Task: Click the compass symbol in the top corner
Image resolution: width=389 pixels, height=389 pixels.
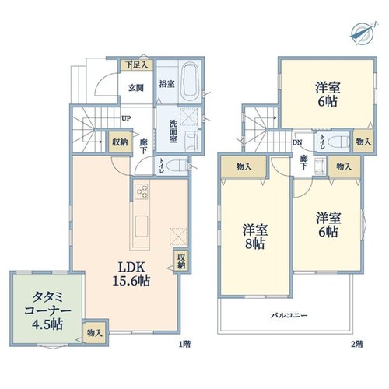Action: (363, 33)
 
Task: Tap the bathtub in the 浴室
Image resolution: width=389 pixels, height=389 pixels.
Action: (190, 82)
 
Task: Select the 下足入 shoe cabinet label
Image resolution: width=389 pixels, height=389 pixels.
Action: (137, 65)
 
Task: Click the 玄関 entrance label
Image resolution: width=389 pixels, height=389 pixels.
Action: (136, 88)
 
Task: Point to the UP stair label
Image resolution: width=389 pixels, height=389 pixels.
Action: (126, 118)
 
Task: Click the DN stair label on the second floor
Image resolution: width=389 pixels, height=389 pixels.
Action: (297, 142)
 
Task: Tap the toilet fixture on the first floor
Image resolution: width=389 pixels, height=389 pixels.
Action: (178, 166)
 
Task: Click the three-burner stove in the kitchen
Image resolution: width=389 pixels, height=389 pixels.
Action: (142, 191)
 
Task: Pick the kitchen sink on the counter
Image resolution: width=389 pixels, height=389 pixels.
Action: (142, 226)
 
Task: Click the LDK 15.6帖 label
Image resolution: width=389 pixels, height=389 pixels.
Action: (131, 274)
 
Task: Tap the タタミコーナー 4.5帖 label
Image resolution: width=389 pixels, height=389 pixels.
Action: (47, 310)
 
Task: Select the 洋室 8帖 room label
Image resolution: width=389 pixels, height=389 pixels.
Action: (255, 237)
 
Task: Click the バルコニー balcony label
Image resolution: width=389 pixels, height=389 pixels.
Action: (289, 316)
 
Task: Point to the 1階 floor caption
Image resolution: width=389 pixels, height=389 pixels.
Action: (185, 344)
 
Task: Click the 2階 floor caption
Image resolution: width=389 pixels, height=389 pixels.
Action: (357, 344)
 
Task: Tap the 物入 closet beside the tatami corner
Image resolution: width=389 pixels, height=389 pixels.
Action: (95, 333)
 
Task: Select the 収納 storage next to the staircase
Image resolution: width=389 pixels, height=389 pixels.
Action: (120, 142)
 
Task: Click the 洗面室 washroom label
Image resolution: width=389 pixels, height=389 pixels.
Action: (173, 131)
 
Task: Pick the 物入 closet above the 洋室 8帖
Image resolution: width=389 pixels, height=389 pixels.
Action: (244, 166)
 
